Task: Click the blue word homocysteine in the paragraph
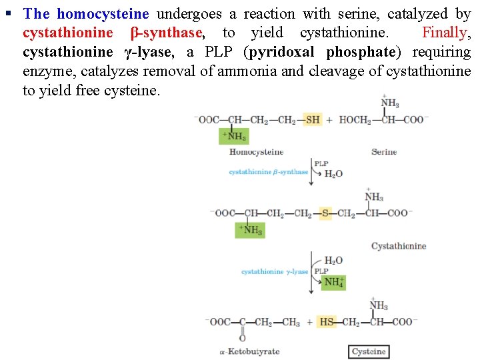tap(103, 13)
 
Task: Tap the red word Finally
tap(446, 33)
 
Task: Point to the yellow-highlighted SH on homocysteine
tap(312, 120)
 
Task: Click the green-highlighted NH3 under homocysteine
tap(235, 136)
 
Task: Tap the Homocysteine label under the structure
tap(256, 152)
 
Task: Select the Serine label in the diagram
tap(384, 152)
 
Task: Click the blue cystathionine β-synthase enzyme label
tap(268, 172)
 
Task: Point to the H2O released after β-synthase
tap(333, 173)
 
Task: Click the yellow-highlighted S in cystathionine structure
tap(325, 213)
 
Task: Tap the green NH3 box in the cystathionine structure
tap(251, 230)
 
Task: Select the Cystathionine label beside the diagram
tap(399, 246)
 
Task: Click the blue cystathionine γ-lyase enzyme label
tap(275, 272)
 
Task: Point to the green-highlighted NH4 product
tap(334, 282)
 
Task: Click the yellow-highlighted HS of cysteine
tap(327, 322)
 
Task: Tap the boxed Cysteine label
tap(369, 351)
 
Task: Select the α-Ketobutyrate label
tap(249, 351)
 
